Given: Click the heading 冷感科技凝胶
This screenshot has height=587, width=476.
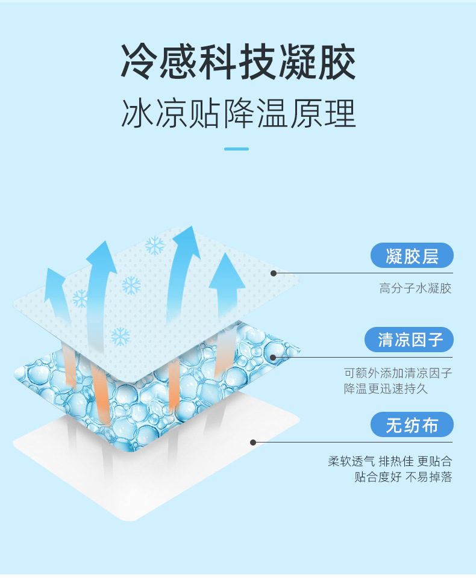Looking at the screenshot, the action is click(238, 62).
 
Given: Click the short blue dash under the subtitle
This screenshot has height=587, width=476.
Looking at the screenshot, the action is click(236, 149).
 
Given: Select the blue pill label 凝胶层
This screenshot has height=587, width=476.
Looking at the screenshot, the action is click(412, 256).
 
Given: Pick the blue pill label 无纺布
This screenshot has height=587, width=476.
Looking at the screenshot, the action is click(412, 425).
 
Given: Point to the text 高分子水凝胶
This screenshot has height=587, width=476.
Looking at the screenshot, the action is click(415, 288).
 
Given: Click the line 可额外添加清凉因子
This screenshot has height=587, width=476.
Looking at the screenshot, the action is click(398, 373).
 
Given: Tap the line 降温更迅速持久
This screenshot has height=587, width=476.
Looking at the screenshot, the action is click(386, 388).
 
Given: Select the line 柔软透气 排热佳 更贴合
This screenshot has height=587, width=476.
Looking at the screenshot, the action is click(390, 461).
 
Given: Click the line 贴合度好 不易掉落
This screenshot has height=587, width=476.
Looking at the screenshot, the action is click(403, 477).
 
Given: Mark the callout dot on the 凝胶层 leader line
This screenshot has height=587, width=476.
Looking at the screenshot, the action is click(274, 273).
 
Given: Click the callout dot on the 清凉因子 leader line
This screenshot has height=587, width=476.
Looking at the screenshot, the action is click(273, 358).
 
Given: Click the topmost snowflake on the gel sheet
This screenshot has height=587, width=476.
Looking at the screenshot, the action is click(155, 246).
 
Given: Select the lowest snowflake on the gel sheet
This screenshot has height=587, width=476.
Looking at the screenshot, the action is click(121, 336).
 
